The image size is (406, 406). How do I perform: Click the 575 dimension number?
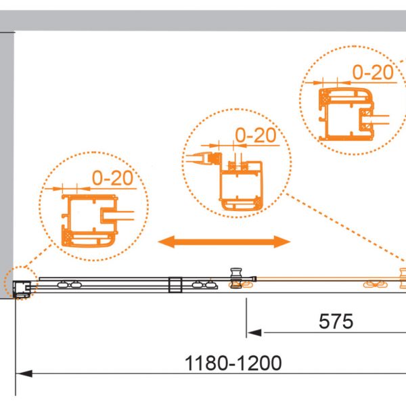point(336,321)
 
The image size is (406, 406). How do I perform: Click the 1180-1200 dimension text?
point(233,363)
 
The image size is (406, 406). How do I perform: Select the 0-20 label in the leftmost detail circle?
point(112,178)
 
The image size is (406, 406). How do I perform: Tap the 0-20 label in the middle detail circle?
point(256,135)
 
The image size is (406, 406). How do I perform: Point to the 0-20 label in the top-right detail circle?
point(373,72)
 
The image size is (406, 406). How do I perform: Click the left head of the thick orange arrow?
point(166,242)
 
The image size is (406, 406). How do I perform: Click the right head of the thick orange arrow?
point(282,242)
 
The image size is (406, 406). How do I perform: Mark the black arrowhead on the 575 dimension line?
point(254,333)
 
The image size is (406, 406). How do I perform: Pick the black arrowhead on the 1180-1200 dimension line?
point(24,374)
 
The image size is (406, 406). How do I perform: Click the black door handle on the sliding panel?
point(236,278)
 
